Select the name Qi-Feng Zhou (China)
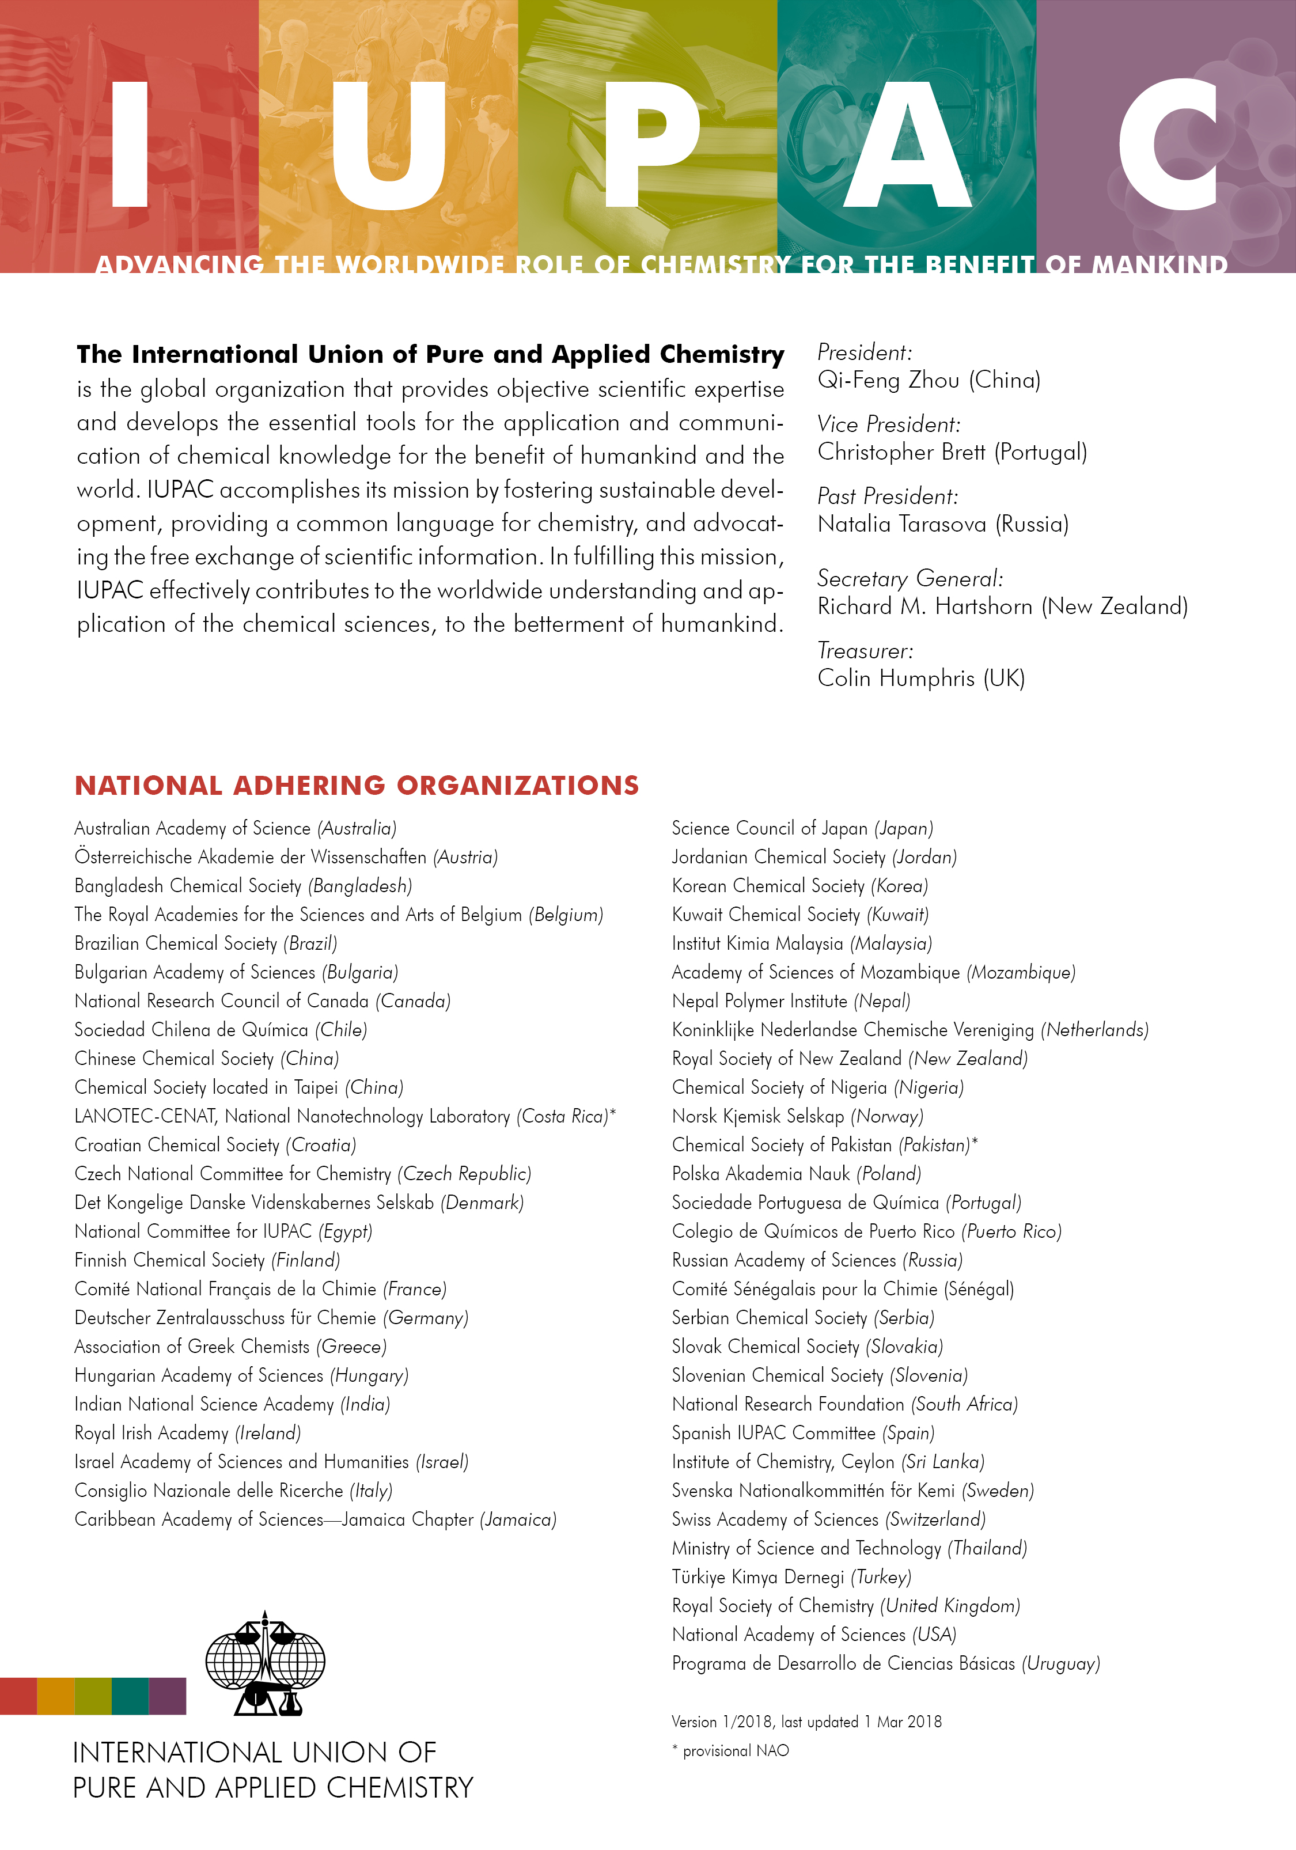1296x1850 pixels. [929, 380]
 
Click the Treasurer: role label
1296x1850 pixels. [865, 650]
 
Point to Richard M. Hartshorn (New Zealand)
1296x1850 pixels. [1002, 606]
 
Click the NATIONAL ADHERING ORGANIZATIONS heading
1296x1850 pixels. [356, 786]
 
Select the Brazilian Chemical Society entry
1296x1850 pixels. [206, 943]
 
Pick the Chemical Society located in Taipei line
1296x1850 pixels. [238, 1088]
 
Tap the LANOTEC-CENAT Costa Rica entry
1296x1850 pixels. [344, 1117]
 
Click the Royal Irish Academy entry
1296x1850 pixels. [187, 1434]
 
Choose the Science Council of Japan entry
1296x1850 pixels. [802, 828]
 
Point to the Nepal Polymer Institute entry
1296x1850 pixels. [791, 1002]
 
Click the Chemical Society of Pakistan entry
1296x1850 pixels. [824, 1145]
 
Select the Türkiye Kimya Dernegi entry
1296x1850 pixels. [791, 1577]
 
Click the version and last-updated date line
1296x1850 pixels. [806, 1722]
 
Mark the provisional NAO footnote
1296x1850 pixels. [730, 1751]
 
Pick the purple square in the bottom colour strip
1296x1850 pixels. [168, 1696]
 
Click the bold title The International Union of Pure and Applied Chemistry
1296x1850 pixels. [430, 355]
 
